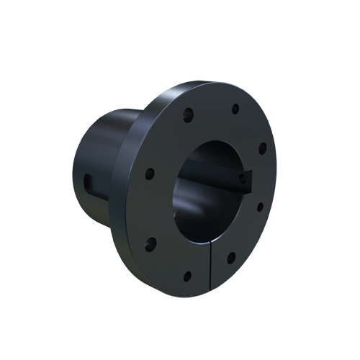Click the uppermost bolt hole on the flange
pyautogui.click(x=235, y=109)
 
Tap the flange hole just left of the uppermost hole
pyautogui.click(x=188, y=113)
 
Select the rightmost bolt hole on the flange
pyautogui.click(x=263, y=148)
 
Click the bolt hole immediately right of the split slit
pyautogui.click(x=231, y=256)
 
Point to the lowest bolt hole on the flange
pyautogui.click(x=187, y=275)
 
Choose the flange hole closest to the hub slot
pyautogui.click(x=150, y=174)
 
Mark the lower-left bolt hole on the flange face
pyautogui.click(x=151, y=241)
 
